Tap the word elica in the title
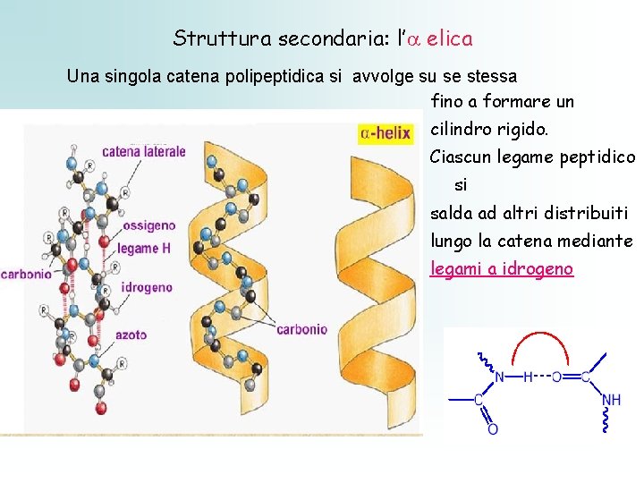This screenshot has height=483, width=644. coord(450,38)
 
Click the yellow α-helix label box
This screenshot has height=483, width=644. coord(385,133)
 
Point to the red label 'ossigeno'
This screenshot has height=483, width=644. coord(148,225)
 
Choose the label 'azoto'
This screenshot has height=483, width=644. coord(131,335)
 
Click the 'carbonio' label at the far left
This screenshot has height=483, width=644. coord(26,275)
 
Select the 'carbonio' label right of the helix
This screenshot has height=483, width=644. coord(301,329)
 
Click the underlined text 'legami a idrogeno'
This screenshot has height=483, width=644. coord(502,268)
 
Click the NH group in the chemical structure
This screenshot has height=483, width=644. coord(612,400)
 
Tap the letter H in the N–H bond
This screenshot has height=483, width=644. coord(528,377)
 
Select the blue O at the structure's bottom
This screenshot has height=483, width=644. coord(492,429)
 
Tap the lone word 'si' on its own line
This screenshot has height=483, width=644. coord(461,185)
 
